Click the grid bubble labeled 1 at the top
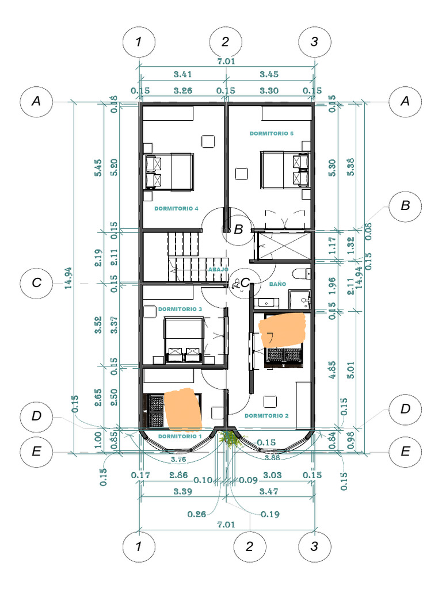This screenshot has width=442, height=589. (138, 41)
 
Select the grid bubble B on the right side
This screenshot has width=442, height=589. (405, 206)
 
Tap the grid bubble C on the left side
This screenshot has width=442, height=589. (36, 283)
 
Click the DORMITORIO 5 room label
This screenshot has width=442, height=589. (272, 133)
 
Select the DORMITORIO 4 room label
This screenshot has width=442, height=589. (176, 209)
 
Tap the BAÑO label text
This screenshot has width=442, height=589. (278, 284)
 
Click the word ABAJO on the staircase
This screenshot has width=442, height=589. (218, 269)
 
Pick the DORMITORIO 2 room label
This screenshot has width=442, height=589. (266, 415)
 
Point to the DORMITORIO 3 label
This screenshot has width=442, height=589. (180, 309)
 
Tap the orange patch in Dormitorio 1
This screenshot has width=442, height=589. (183, 410)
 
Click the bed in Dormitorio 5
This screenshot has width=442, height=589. (284, 169)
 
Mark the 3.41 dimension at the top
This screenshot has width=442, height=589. (182, 74)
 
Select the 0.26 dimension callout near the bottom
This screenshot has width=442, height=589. (197, 514)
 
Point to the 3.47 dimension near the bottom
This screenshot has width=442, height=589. (270, 492)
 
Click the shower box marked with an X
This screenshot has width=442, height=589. (282, 244)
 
